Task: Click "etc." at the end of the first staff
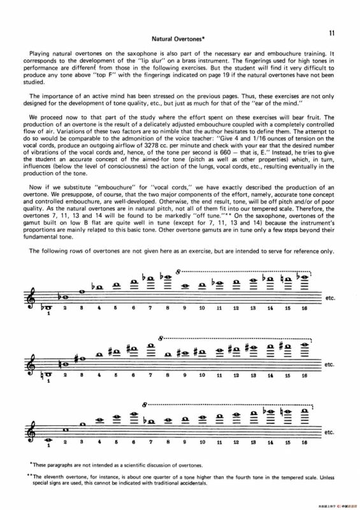coord(329,298)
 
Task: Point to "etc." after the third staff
coord(329,432)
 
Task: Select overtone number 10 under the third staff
coord(201,442)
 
